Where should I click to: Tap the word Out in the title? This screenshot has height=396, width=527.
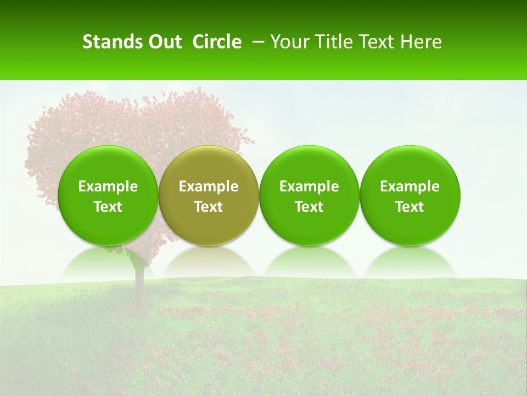164,42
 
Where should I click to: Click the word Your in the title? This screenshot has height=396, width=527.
289,42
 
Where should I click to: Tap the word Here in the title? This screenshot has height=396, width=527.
421,42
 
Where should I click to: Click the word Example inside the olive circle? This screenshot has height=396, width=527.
209,186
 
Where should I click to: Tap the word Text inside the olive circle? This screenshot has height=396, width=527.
209,207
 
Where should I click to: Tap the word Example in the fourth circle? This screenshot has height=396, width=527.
410,186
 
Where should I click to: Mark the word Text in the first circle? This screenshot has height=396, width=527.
108,207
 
